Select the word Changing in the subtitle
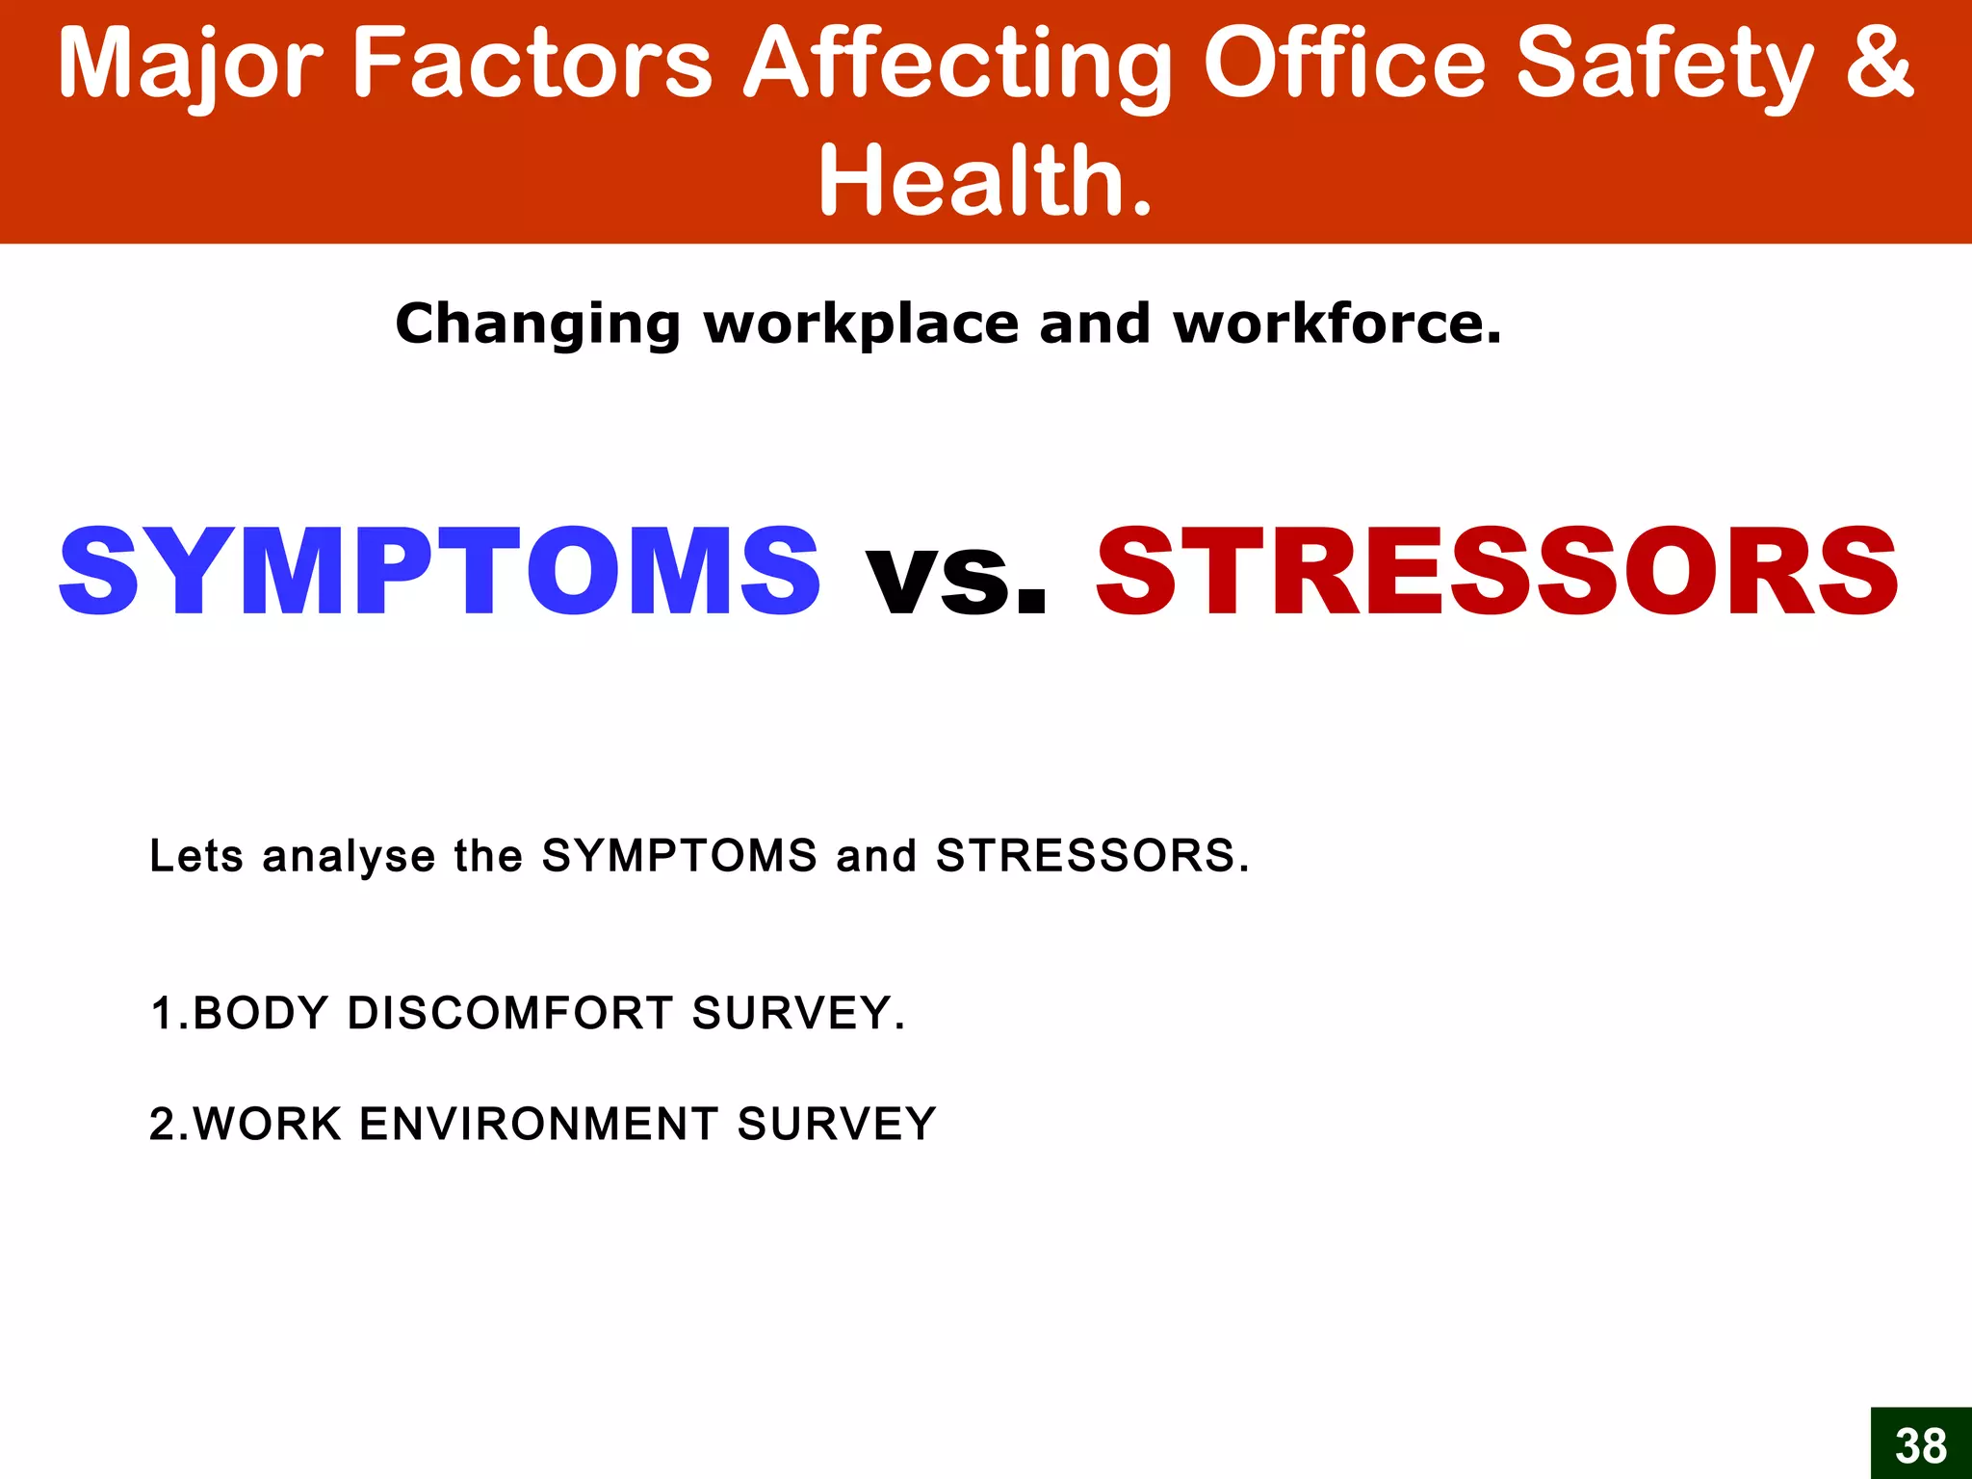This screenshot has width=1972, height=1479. click(537, 324)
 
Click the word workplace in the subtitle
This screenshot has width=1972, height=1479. click(861, 324)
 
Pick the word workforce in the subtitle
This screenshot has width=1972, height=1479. click(1336, 324)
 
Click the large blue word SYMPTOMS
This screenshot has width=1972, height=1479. click(440, 572)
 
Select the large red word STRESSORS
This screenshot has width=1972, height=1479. click(1497, 572)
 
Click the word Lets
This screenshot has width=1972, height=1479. click(196, 855)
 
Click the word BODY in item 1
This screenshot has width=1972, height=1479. click(260, 1013)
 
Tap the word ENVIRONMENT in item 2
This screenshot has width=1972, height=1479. click(538, 1124)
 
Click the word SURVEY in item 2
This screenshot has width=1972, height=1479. click(836, 1124)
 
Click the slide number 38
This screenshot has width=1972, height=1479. click(1920, 1445)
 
